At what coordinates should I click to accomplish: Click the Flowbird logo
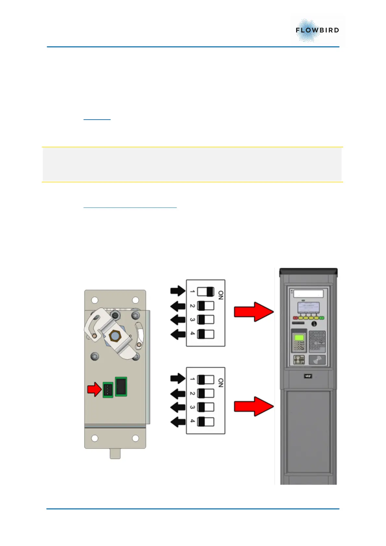(x=317, y=30)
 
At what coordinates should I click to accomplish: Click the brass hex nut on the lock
(x=114, y=335)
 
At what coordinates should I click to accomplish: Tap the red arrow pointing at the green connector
(x=94, y=389)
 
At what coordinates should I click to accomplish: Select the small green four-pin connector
(x=108, y=389)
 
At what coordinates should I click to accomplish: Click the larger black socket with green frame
(x=121, y=386)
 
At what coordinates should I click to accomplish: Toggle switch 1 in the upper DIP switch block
(x=206, y=291)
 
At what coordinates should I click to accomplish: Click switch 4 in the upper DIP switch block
(x=206, y=334)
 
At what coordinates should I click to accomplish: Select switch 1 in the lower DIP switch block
(x=206, y=379)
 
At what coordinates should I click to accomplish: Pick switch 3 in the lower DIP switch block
(x=206, y=407)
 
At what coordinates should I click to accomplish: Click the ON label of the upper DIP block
(x=221, y=295)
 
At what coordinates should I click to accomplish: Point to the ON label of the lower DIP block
(x=221, y=383)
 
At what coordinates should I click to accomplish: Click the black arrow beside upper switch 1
(x=178, y=291)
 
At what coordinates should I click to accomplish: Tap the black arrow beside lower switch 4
(x=178, y=422)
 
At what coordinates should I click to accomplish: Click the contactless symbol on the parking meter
(x=317, y=360)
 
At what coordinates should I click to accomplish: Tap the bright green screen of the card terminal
(x=299, y=338)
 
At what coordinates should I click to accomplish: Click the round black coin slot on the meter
(x=314, y=324)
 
